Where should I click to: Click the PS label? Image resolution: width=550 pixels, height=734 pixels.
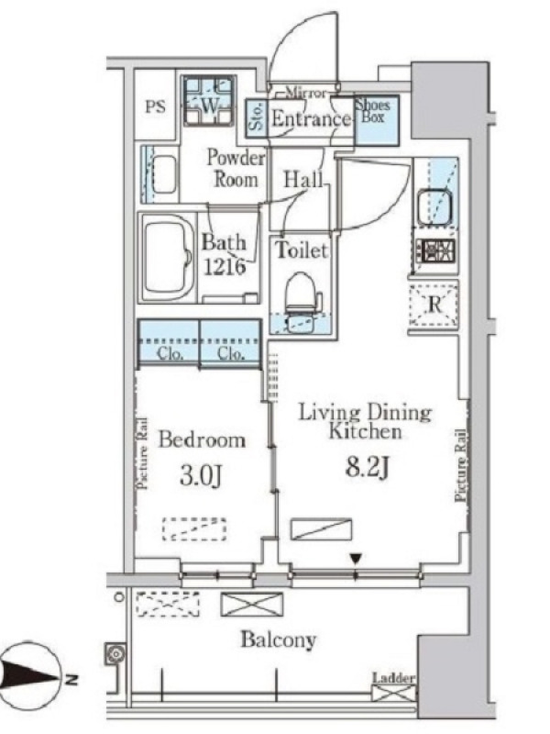click(x=155, y=106)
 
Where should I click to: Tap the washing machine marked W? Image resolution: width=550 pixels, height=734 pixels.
click(x=208, y=101)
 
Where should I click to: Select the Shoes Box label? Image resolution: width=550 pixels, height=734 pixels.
click(x=373, y=111)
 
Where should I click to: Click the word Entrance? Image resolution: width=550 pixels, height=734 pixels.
click(x=311, y=119)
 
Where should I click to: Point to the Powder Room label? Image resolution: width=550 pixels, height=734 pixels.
click(x=236, y=168)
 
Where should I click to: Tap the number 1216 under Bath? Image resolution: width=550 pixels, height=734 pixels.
click(x=224, y=267)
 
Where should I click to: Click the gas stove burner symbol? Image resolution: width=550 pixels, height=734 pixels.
click(x=438, y=250)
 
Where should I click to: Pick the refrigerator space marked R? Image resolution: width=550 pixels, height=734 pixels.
click(x=434, y=305)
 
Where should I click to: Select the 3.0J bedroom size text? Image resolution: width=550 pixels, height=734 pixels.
click(x=200, y=476)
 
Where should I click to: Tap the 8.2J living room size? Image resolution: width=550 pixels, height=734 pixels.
click(x=368, y=467)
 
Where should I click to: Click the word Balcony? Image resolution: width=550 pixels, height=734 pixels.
click(x=279, y=639)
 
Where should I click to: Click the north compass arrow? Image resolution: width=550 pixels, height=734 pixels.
click(x=29, y=677)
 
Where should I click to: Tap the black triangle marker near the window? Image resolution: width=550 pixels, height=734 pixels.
click(x=357, y=558)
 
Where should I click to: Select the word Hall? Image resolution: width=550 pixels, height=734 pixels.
click(x=304, y=179)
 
